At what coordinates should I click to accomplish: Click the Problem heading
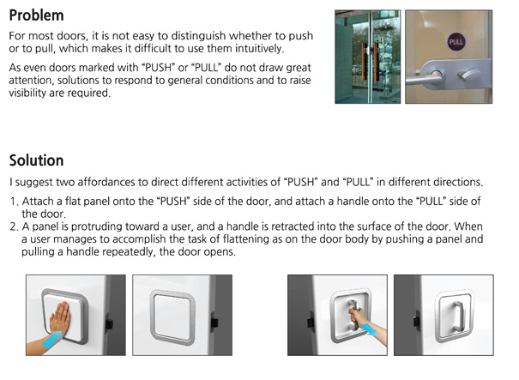pos(36,15)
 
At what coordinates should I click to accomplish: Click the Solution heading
pos(36,160)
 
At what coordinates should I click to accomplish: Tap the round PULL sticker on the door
pos(456,42)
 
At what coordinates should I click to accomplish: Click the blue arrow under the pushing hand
pos(52,341)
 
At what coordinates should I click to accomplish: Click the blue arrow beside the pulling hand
pos(368,329)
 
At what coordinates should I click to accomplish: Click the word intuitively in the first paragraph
pos(259,49)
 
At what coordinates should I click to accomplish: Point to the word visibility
pos(27,93)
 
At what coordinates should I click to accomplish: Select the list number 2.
pos(14,226)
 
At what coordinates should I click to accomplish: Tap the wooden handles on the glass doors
pos(370,62)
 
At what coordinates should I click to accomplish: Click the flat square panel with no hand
pos(172,317)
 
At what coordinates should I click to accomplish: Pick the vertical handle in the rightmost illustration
pos(458,317)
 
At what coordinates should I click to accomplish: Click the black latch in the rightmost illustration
pos(416,321)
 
